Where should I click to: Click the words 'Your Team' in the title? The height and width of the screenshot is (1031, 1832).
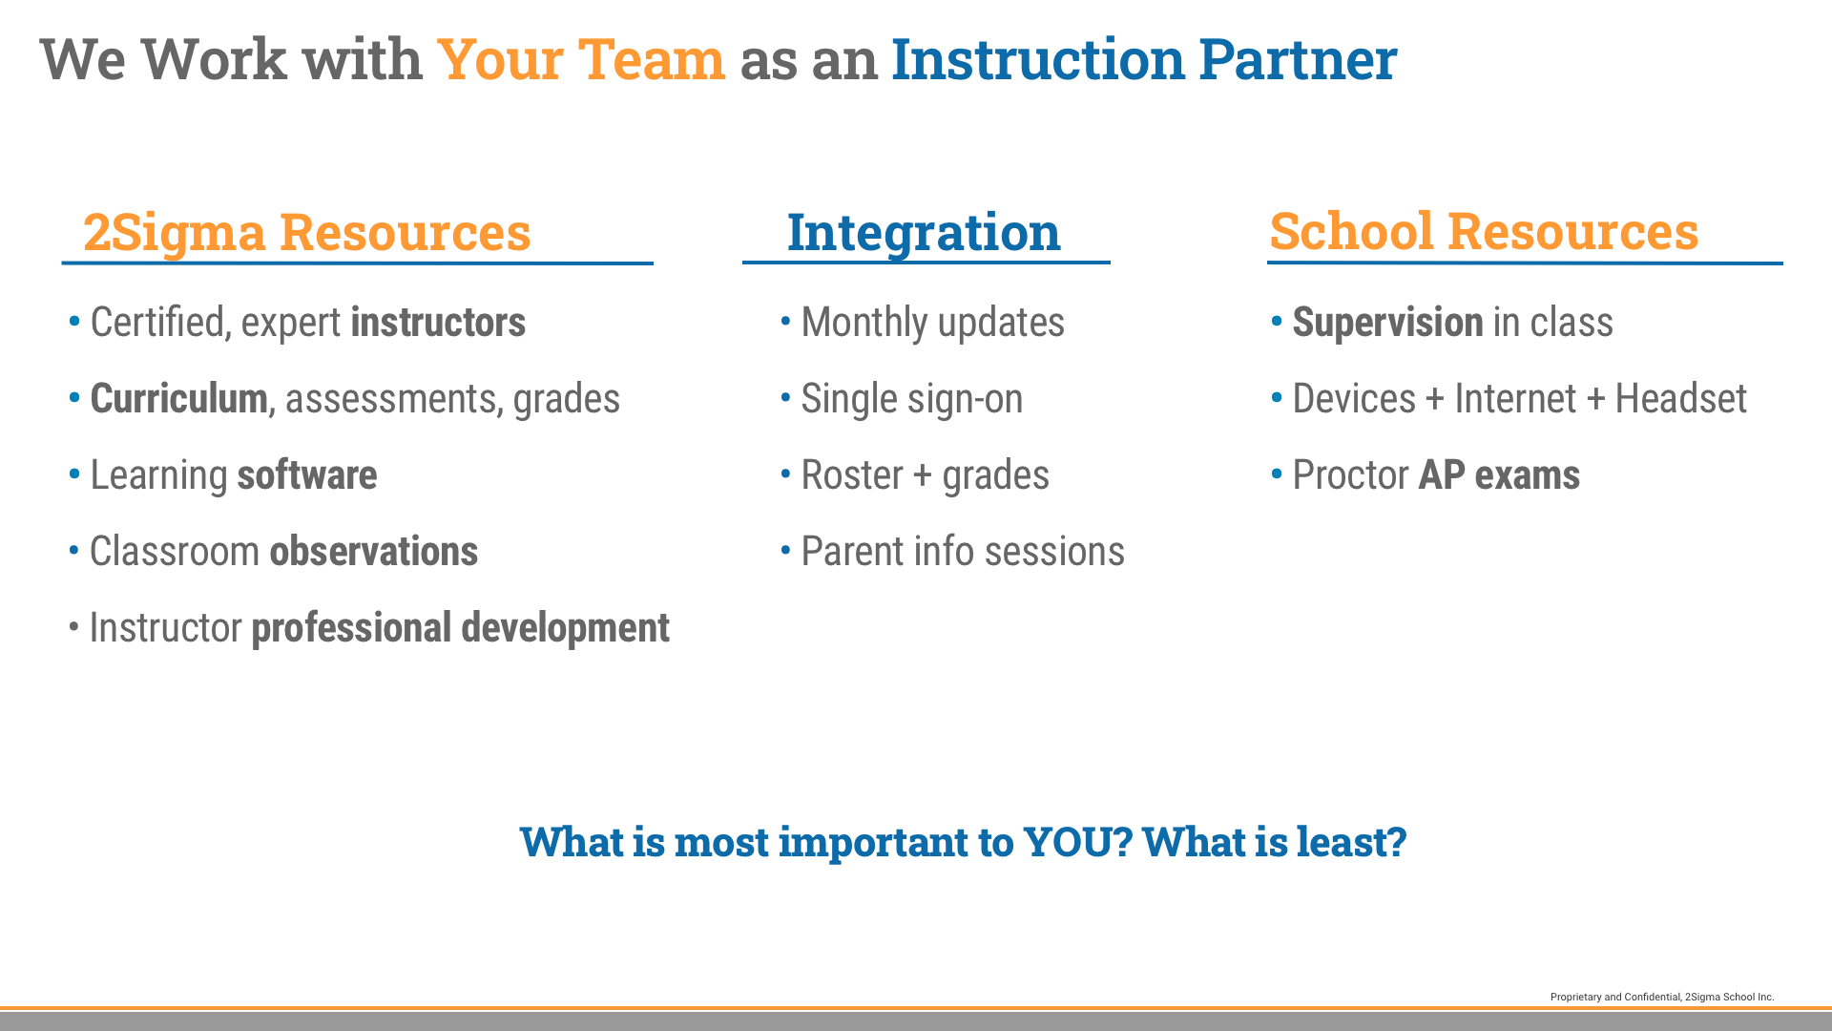(x=580, y=59)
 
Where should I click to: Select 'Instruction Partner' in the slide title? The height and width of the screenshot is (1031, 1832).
(x=1144, y=59)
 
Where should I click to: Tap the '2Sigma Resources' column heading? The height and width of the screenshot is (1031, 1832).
(x=306, y=232)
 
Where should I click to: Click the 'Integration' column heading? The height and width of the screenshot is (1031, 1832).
(x=924, y=232)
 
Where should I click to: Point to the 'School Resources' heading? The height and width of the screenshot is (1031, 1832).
(x=1484, y=231)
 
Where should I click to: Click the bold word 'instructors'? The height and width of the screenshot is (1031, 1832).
(x=438, y=322)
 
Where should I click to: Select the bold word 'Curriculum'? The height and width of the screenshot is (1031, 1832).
(x=178, y=398)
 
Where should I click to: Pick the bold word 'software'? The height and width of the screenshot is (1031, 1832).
(x=307, y=474)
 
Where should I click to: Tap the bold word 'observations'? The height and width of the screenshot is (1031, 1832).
(x=374, y=551)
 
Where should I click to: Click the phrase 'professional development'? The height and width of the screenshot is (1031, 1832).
(x=460, y=628)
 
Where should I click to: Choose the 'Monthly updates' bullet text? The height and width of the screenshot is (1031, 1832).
(x=932, y=323)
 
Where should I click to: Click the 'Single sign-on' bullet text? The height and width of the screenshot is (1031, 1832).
(x=911, y=399)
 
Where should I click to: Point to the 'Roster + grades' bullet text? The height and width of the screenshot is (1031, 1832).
(x=925, y=475)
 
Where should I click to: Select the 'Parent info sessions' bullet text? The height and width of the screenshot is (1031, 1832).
(x=963, y=551)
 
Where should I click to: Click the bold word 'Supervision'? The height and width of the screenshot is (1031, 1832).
(x=1387, y=323)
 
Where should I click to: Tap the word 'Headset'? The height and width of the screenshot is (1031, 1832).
(x=1680, y=398)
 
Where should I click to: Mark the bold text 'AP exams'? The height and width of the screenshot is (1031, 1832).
(x=1499, y=475)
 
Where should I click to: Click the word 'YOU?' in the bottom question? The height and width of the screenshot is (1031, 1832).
(x=1077, y=841)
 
